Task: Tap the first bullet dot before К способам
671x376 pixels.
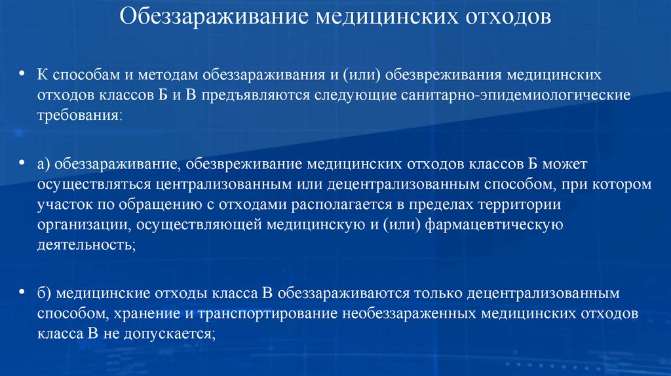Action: (x=23, y=74)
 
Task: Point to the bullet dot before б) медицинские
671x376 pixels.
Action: (x=23, y=291)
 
